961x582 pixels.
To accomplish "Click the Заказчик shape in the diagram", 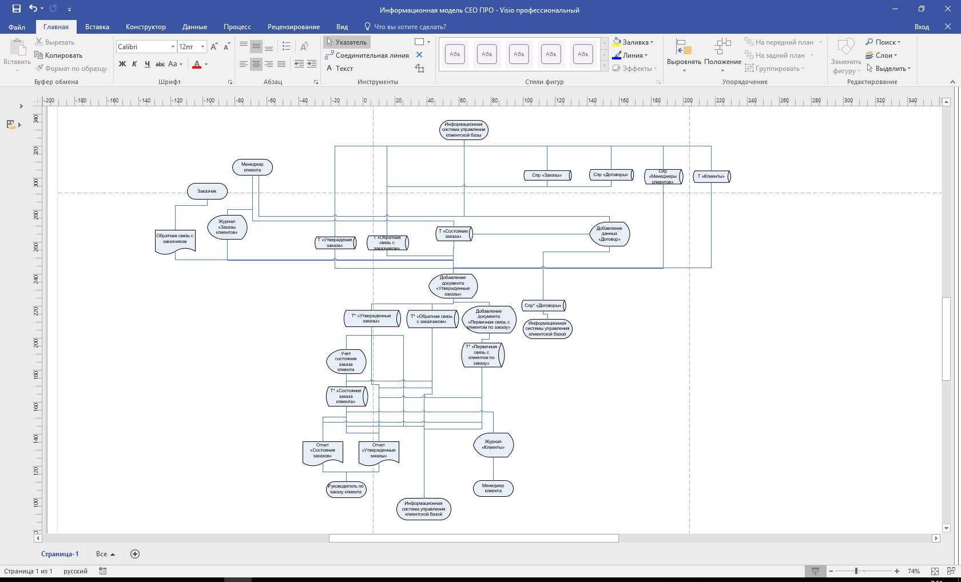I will coord(207,191).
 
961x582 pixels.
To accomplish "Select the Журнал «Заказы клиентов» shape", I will coord(227,227).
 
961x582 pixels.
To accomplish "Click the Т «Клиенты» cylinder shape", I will coord(712,176).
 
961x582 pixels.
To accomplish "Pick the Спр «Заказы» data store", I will coord(547,175).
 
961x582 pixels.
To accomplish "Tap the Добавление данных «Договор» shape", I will coord(609,234).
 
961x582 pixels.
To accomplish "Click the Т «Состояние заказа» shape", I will coord(454,234).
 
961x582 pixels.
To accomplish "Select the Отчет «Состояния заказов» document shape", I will coord(323,451).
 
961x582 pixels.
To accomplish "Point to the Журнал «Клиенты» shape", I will coord(493,445).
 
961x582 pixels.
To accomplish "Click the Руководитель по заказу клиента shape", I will coord(346,489).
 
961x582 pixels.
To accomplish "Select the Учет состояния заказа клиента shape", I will coord(346,361).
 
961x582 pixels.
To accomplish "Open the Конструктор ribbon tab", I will coord(146,27).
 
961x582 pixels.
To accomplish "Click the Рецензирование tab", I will coord(293,27).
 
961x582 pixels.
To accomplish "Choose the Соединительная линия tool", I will coord(367,55).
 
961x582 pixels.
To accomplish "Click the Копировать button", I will coord(59,55).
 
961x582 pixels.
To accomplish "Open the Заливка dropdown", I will coord(633,42).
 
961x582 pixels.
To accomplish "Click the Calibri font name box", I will coord(143,47).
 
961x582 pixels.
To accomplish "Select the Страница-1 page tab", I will coord(59,554).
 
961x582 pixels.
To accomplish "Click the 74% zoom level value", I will coord(914,571).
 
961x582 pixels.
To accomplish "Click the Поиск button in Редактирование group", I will coord(883,42).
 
